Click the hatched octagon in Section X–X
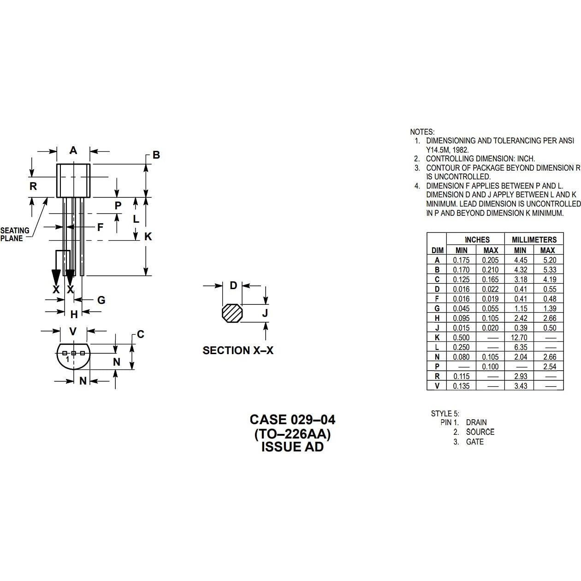click(231, 313)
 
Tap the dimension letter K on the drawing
click(148, 237)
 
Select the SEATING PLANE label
click(15, 234)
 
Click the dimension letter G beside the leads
click(101, 300)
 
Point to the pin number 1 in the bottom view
click(67, 359)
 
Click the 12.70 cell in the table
click(519, 338)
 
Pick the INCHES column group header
click(477, 240)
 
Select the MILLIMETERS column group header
click(534, 240)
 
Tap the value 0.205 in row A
click(490, 260)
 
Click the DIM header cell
click(437, 250)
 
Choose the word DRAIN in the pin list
click(476, 422)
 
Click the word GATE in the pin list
click(475, 442)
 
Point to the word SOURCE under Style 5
click(480, 432)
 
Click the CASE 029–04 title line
click(292, 420)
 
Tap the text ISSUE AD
click(292, 447)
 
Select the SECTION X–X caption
click(238, 350)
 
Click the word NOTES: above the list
click(422, 132)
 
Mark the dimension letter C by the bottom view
click(141, 334)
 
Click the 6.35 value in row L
click(520, 347)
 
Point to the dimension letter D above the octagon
click(233, 285)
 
